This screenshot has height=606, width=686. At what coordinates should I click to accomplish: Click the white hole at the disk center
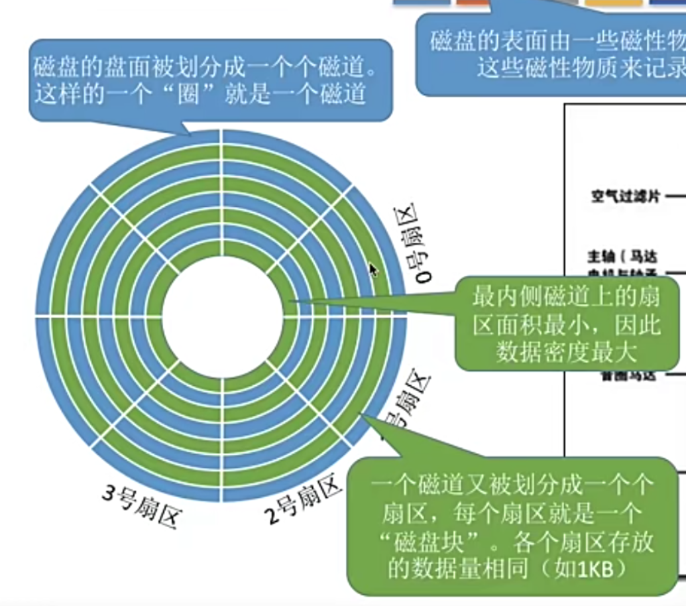click(x=220, y=316)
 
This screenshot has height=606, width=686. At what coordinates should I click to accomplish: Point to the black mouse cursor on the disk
click(x=373, y=269)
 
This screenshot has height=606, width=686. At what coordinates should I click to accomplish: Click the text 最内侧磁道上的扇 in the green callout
click(x=566, y=296)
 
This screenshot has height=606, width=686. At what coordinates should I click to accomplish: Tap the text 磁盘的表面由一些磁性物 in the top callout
click(x=557, y=42)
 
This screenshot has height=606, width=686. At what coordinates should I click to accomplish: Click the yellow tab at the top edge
click(x=612, y=3)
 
